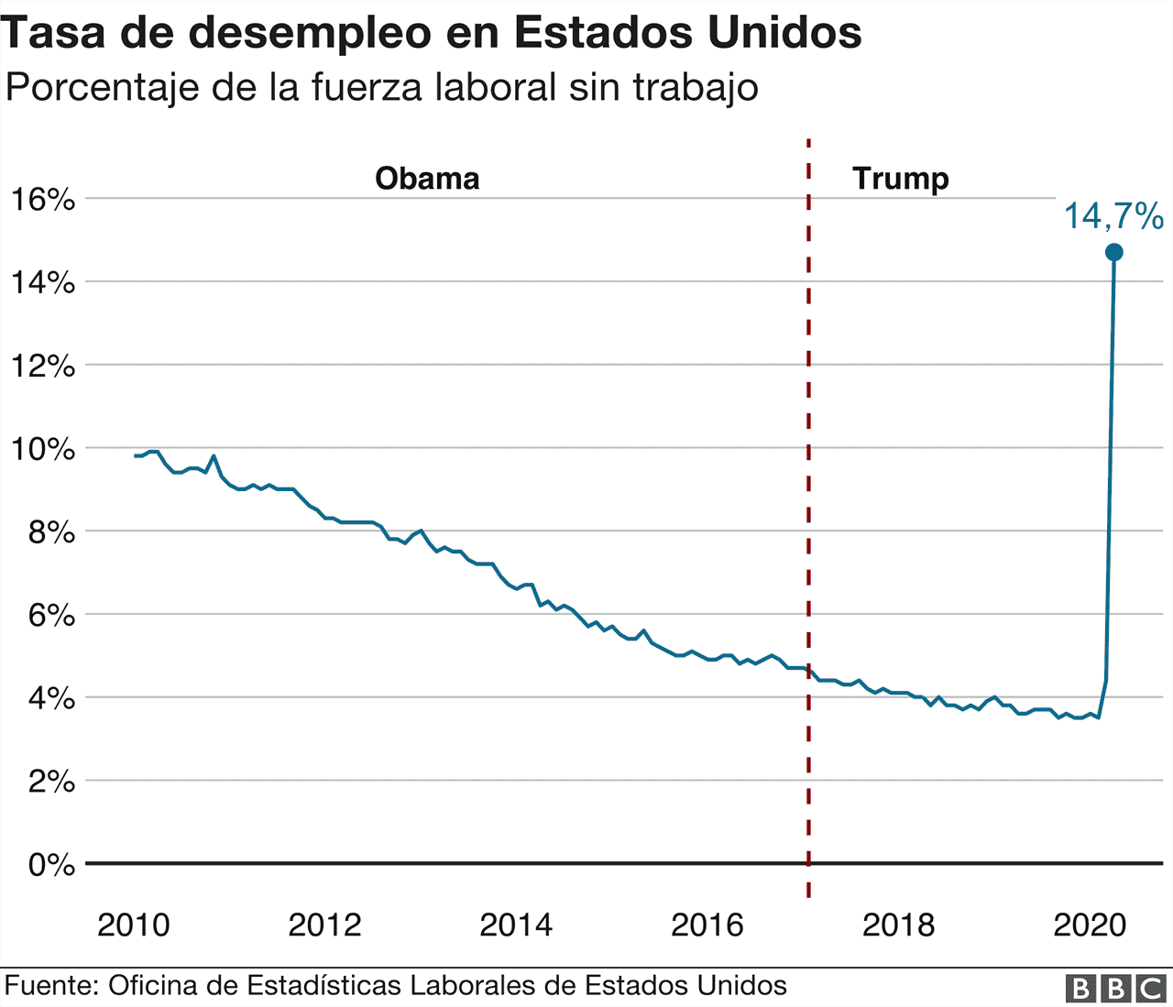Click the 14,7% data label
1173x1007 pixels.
point(1113,216)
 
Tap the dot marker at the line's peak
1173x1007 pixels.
point(1114,252)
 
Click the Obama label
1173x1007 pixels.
point(427,178)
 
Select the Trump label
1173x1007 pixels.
point(900,178)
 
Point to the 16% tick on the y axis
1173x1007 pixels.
point(43,199)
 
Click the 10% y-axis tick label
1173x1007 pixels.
point(43,449)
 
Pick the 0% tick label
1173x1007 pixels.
point(51,864)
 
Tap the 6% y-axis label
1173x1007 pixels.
point(51,615)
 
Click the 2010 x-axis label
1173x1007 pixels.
point(134,925)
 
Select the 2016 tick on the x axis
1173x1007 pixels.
point(707,925)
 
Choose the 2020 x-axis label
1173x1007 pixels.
point(1090,925)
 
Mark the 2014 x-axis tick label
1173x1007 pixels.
point(516,925)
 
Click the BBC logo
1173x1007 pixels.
point(1115,988)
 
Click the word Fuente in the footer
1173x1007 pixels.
point(51,986)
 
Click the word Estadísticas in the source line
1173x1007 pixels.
point(324,986)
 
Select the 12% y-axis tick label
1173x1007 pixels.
point(43,366)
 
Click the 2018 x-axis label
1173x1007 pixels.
point(898,925)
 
